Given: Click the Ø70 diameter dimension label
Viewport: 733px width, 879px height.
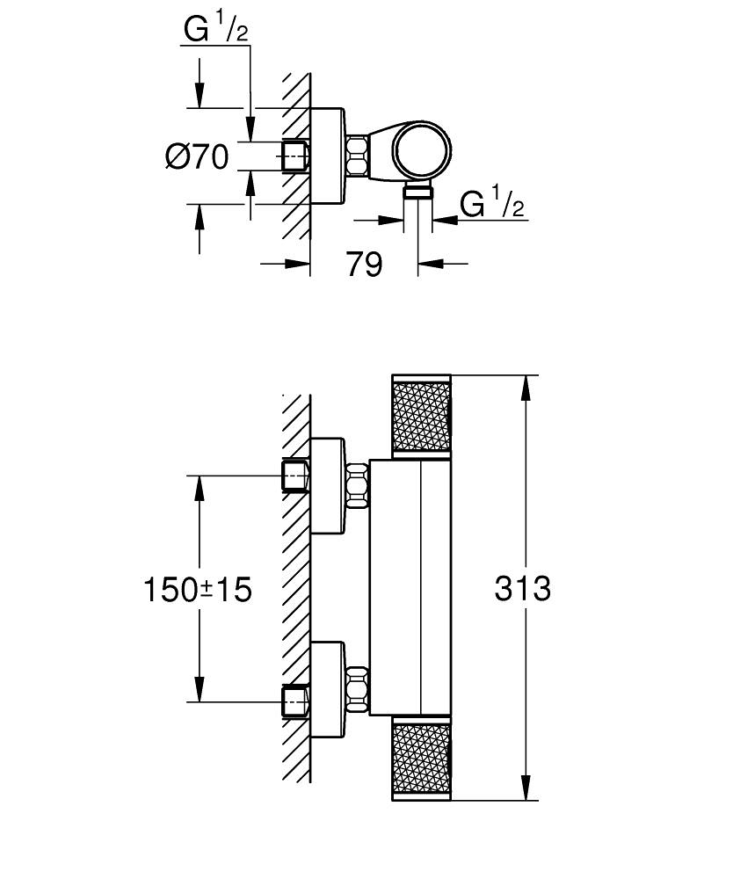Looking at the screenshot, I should (x=196, y=157).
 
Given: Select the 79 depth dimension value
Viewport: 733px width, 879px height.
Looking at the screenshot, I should (x=364, y=263).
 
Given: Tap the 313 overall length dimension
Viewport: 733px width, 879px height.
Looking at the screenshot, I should (x=522, y=588).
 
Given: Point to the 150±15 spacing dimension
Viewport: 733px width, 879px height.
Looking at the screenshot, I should (x=197, y=589).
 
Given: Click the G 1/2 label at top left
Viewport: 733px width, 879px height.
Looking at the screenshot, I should (x=215, y=31).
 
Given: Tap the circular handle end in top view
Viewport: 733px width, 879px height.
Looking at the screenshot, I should (x=423, y=152).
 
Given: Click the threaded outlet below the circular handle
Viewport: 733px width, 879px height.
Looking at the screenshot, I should (x=418, y=193).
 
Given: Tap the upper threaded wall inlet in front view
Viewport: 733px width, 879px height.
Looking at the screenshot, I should (x=294, y=476).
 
